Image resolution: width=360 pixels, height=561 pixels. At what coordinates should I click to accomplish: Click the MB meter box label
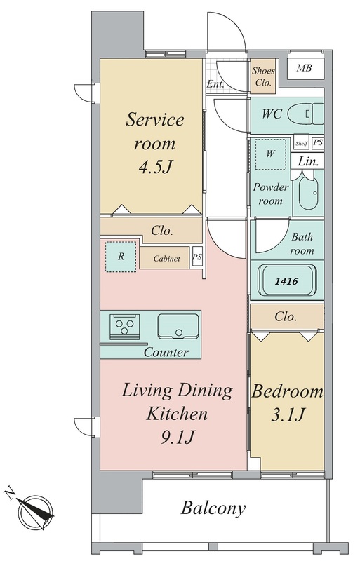coord(304,67)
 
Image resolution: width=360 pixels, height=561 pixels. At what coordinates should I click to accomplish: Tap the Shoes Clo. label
coord(263,76)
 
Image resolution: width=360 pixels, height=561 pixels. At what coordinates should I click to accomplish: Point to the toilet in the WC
coord(305,114)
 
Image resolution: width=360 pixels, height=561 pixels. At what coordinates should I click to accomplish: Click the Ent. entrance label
coord(215,84)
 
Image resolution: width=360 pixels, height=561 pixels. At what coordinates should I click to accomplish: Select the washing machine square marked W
coord(271,154)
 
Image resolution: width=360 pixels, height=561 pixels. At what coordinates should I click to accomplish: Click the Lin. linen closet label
coord(308,161)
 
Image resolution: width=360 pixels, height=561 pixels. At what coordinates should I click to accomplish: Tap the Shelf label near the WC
coord(301,144)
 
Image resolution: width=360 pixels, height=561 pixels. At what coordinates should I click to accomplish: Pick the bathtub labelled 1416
coord(287,280)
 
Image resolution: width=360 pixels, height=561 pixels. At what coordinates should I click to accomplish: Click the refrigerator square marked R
coord(121,257)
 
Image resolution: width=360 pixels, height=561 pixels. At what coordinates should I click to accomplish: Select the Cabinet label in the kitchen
coord(166,258)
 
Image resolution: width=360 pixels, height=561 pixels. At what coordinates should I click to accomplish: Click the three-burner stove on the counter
coord(124,326)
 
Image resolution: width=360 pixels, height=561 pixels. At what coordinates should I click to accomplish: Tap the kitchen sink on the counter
coord(178,326)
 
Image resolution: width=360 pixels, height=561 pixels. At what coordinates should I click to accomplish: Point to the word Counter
coord(166,353)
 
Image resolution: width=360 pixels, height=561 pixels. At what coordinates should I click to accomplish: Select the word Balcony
coord(213,508)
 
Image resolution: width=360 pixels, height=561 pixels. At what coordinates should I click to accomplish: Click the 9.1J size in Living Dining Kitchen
coord(178,437)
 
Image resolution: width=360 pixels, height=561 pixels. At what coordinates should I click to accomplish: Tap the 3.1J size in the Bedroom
coord(288,415)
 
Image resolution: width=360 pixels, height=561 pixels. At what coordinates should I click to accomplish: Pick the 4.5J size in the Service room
coord(156,166)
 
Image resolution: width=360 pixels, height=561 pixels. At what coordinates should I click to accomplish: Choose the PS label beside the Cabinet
coord(197,257)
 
